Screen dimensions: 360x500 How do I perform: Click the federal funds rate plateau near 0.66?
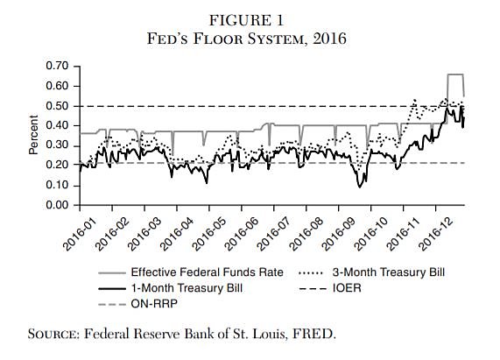pos(454,75)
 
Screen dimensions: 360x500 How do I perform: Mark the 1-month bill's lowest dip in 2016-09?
pos(360,187)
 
